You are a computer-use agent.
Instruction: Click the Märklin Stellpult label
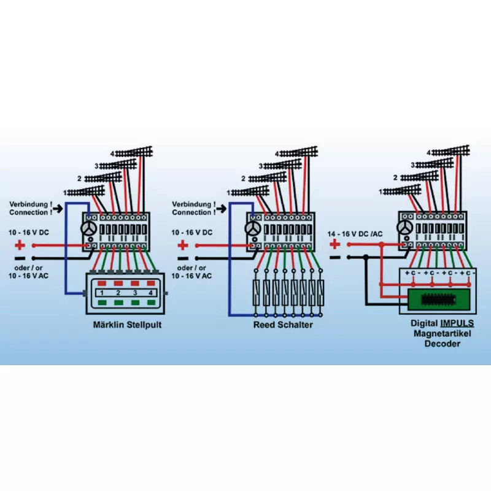(122, 325)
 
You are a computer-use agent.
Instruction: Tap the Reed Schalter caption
(283, 325)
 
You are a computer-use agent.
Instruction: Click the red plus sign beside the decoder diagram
(335, 244)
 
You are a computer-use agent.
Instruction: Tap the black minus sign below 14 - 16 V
(335, 257)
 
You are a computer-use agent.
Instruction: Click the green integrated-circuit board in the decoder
(441, 300)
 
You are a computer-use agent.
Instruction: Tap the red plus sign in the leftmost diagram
(20, 245)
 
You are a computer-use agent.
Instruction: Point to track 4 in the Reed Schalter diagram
(297, 152)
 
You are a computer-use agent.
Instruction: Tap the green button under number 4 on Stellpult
(150, 302)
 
